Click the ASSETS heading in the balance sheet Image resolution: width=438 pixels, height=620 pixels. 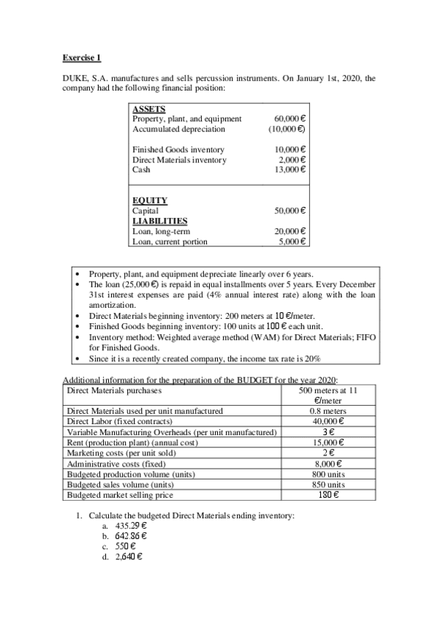coord(149,109)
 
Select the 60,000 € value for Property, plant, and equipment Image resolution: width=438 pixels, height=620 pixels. coord(290,118)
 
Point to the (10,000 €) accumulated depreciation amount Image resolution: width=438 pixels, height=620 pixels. coord(287,129)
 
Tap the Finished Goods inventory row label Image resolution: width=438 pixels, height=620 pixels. coord(179,149)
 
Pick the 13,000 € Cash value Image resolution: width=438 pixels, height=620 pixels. coord(290,170)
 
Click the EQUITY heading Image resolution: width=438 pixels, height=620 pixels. coord(150,200)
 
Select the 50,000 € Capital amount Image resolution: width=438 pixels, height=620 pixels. coord(290,211)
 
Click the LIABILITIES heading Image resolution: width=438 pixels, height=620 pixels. coord(159,220)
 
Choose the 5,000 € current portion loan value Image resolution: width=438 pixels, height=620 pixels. coord(292,241)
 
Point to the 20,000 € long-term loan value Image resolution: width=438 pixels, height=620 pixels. coord(290,231)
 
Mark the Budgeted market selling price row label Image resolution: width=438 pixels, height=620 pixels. coord(121,494)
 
